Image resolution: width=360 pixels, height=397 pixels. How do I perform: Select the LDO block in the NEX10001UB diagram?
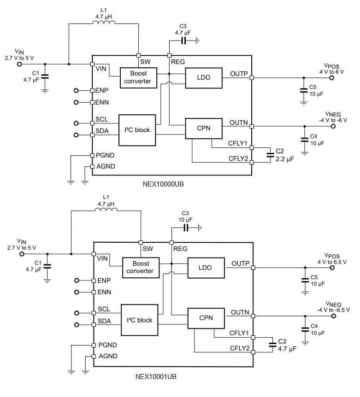coord(205,268)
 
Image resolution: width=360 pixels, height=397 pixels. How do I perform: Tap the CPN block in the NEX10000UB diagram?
coord(203,128)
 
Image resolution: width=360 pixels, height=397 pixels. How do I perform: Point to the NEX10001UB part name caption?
coord(155,376)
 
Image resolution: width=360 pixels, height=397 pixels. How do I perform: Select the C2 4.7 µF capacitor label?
coord(286,345)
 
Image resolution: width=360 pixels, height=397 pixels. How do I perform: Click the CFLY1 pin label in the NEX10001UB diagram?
coord(239,333)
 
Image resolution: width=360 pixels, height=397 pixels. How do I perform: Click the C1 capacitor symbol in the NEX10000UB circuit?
coord(45,76)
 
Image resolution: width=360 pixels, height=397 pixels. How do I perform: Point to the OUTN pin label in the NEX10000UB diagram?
coord(239,123)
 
